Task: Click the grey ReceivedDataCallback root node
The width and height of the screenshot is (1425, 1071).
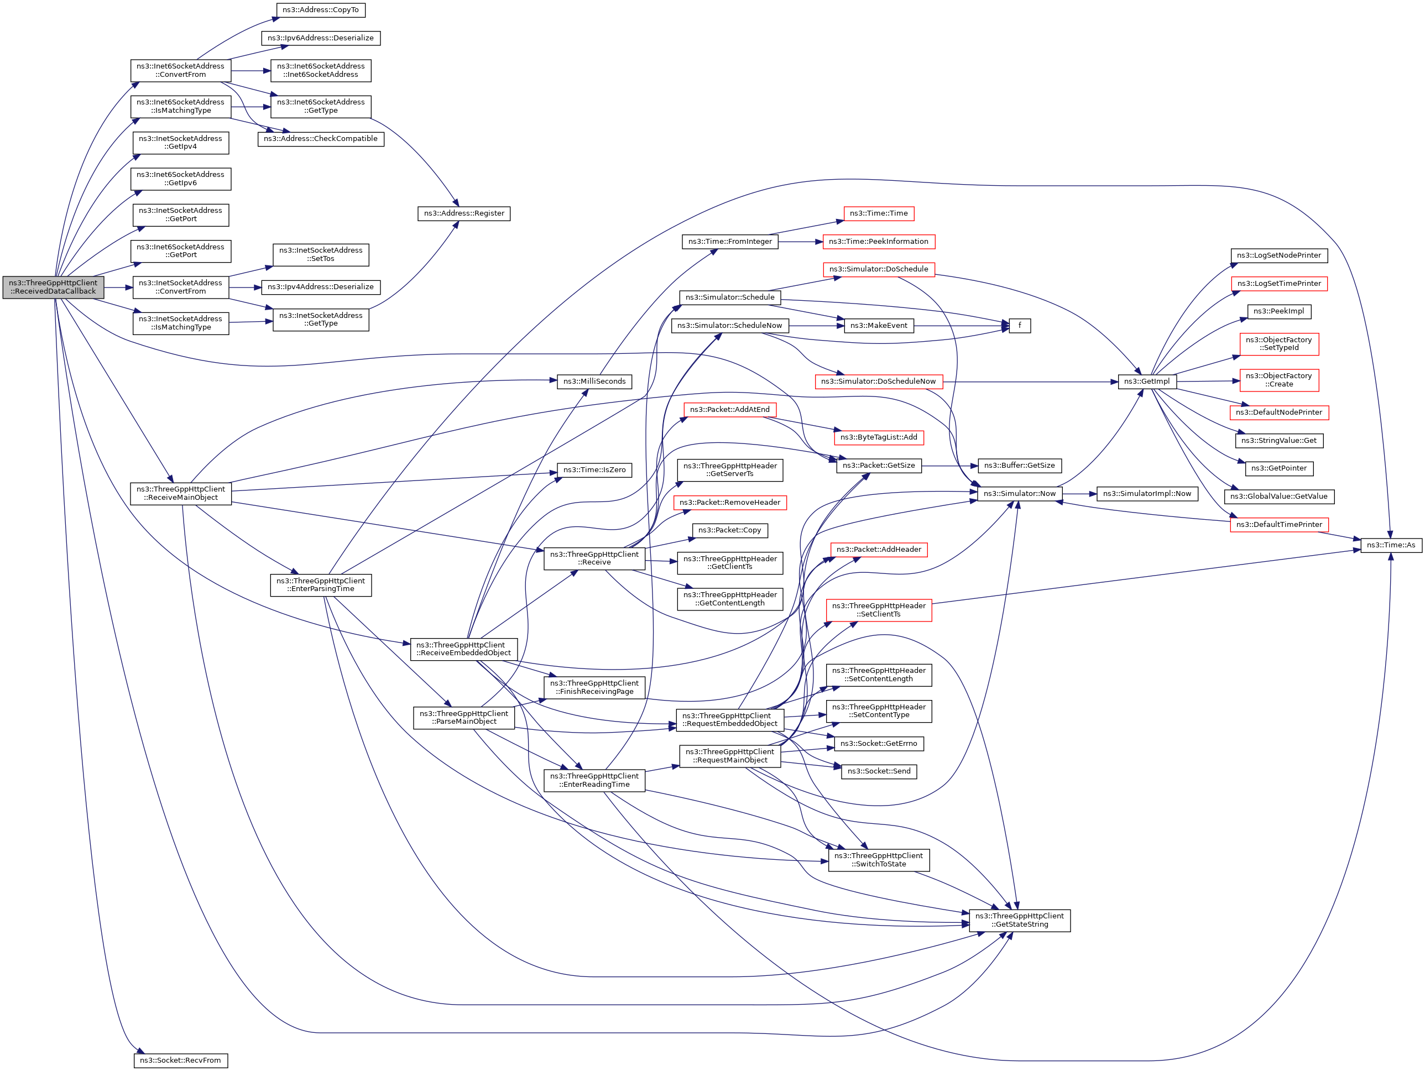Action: click(53, 287)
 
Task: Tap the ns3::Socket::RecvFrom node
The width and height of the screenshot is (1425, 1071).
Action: click(180, 1060)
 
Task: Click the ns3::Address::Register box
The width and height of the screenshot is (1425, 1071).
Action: click(464, 213)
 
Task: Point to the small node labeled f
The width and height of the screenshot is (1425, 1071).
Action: click(1020, 326)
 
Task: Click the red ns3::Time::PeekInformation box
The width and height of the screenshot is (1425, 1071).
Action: click(878, 242)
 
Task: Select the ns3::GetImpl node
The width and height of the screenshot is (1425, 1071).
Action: click(1147, 382)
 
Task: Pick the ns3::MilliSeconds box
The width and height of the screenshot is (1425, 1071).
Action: click(594, 382)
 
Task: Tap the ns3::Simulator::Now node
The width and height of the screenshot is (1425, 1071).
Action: click(1019, 493)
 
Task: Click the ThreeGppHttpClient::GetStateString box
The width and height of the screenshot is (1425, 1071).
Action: click(1019, 920)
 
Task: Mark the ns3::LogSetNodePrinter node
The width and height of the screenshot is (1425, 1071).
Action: click(1279, 255)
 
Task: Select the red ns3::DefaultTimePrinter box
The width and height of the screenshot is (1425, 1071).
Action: click(1279, 524)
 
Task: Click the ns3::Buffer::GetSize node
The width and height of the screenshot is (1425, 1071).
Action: click(1019, 466)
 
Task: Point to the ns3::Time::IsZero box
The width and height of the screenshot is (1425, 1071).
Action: click(594, 470)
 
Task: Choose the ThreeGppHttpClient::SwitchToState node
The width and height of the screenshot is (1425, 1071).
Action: click(878, 860)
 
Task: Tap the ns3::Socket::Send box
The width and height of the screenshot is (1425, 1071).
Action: click(879, 771)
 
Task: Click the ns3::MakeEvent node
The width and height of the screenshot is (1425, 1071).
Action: click(879, 326)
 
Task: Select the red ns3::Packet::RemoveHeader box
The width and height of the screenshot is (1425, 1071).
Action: click(729, 503)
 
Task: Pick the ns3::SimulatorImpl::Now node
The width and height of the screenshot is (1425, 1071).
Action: click(1147, 493)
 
